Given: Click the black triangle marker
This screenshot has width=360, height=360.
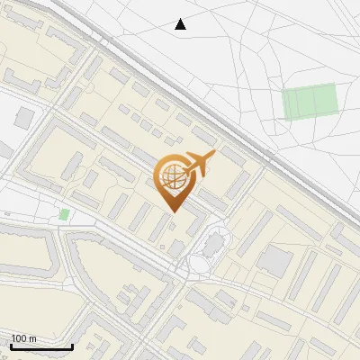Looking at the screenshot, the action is point(181,25).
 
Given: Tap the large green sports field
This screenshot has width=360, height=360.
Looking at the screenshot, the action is point(310,102).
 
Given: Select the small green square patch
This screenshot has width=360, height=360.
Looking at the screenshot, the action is point(64,214).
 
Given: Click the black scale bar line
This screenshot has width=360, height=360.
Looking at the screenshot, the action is point(41,347).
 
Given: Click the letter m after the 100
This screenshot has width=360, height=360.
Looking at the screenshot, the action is point(32,338).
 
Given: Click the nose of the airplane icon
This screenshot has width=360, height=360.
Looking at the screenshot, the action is point(214,156).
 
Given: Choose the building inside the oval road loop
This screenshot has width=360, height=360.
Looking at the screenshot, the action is point(213,243).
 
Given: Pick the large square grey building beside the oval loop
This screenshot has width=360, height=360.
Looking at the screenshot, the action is point(274,262).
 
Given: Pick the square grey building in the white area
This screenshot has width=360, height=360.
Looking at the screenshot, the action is point(24,118).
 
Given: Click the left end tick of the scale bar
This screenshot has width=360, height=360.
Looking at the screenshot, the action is point(11,346).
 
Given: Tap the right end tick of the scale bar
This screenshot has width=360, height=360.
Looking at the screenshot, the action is point(72,346).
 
